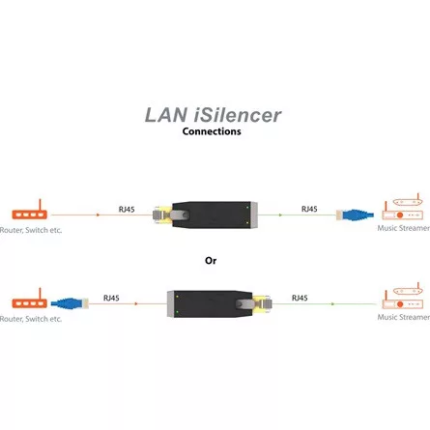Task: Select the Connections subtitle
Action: (x=212, y=132)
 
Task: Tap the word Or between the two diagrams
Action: (x=211, y=260)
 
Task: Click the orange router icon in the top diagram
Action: (x=29, y=213)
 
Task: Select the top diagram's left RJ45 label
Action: (x=127, y=208)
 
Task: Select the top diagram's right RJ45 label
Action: (x=308, y=208)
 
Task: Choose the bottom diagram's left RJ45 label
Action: (x=111, y=298)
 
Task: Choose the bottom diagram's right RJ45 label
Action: (x=301, y=298)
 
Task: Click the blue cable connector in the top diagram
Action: (x=356, y=215)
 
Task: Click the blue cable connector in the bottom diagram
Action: (x=70, y=302)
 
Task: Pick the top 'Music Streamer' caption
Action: (x=403, y=230)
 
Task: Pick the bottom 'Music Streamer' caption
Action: (x=403, y=317)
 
